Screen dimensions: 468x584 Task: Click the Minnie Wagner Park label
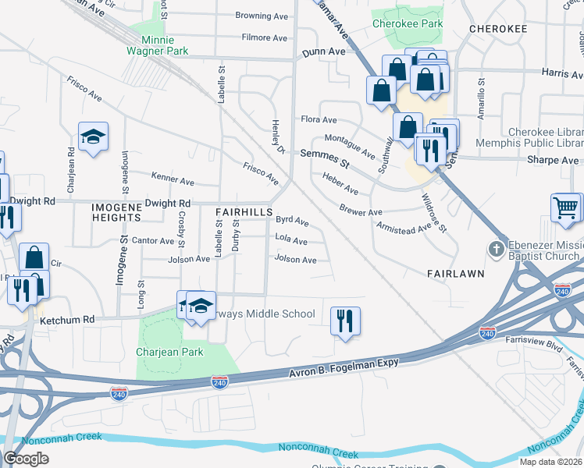(158, 45)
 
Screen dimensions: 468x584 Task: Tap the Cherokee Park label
(407, 23)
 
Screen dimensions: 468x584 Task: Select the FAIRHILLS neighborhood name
(244, 212)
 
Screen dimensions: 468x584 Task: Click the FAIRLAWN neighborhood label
(457, 274)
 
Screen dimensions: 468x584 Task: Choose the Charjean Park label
(169, 352)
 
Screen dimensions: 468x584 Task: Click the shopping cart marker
(566, 208)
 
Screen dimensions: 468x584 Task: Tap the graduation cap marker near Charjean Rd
(93, 137)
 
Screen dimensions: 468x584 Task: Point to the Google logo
(26, 459)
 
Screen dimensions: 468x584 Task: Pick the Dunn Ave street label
(323, 51)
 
